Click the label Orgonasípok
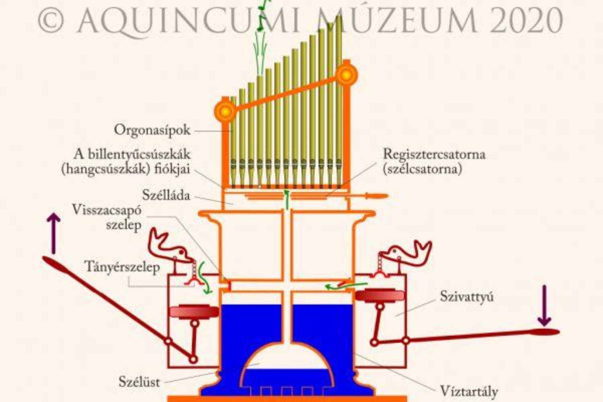(152, 131)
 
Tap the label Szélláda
(166, 195)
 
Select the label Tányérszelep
(122, 267)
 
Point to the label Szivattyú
(466, 297)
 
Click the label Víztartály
(469, 391)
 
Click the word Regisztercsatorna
(434, 154)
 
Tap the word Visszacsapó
(107, 210)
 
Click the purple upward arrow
(53, 233)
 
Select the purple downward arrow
(544, 306)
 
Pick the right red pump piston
(379, 296)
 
